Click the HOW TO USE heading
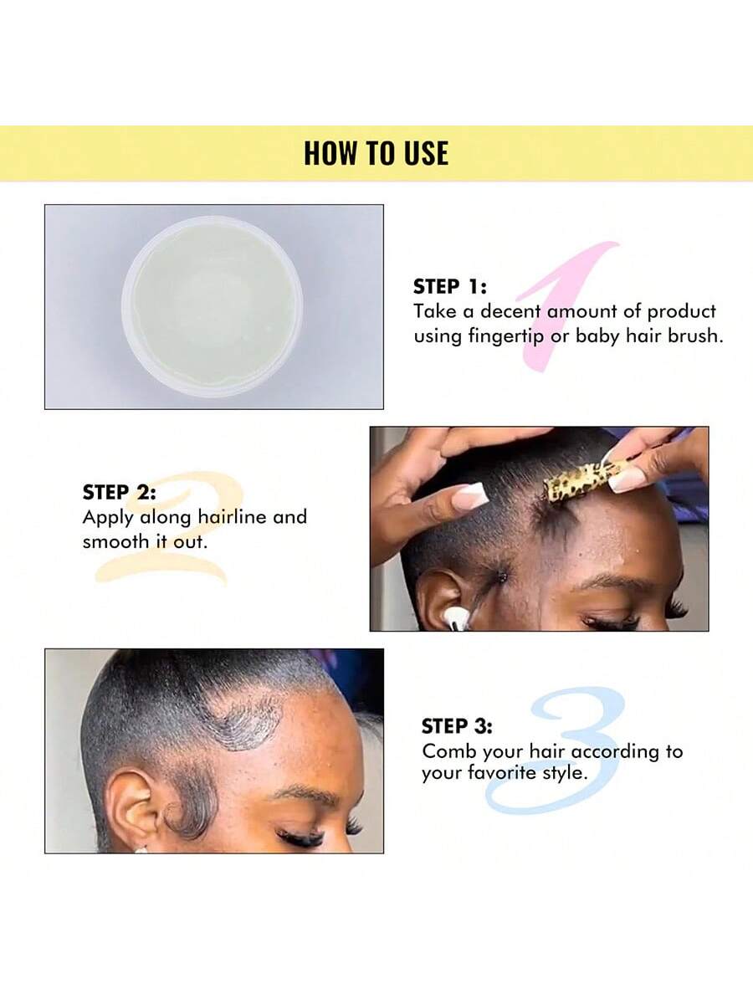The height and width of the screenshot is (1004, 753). tap(376, 153)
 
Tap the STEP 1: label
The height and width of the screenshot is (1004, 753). tap(450, 287)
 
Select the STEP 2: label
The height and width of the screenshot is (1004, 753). tap(120, 492)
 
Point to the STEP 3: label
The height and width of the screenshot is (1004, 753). tap(457, 726)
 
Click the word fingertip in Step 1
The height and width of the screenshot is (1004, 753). tap(506, 336)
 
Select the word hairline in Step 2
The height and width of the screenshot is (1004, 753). tap(232, 517)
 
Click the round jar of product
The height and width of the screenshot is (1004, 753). tap(213, 306)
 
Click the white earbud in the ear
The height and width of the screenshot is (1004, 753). tap(455, 617)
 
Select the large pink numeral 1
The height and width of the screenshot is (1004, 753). tap(567, 305)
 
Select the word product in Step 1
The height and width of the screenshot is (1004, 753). tap(681, 312)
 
